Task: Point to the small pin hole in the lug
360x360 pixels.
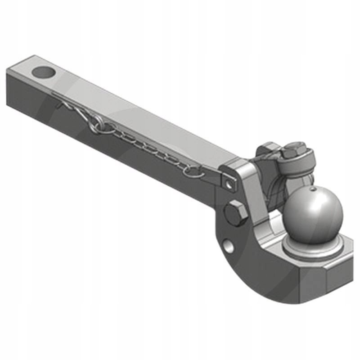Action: (230, 184)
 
